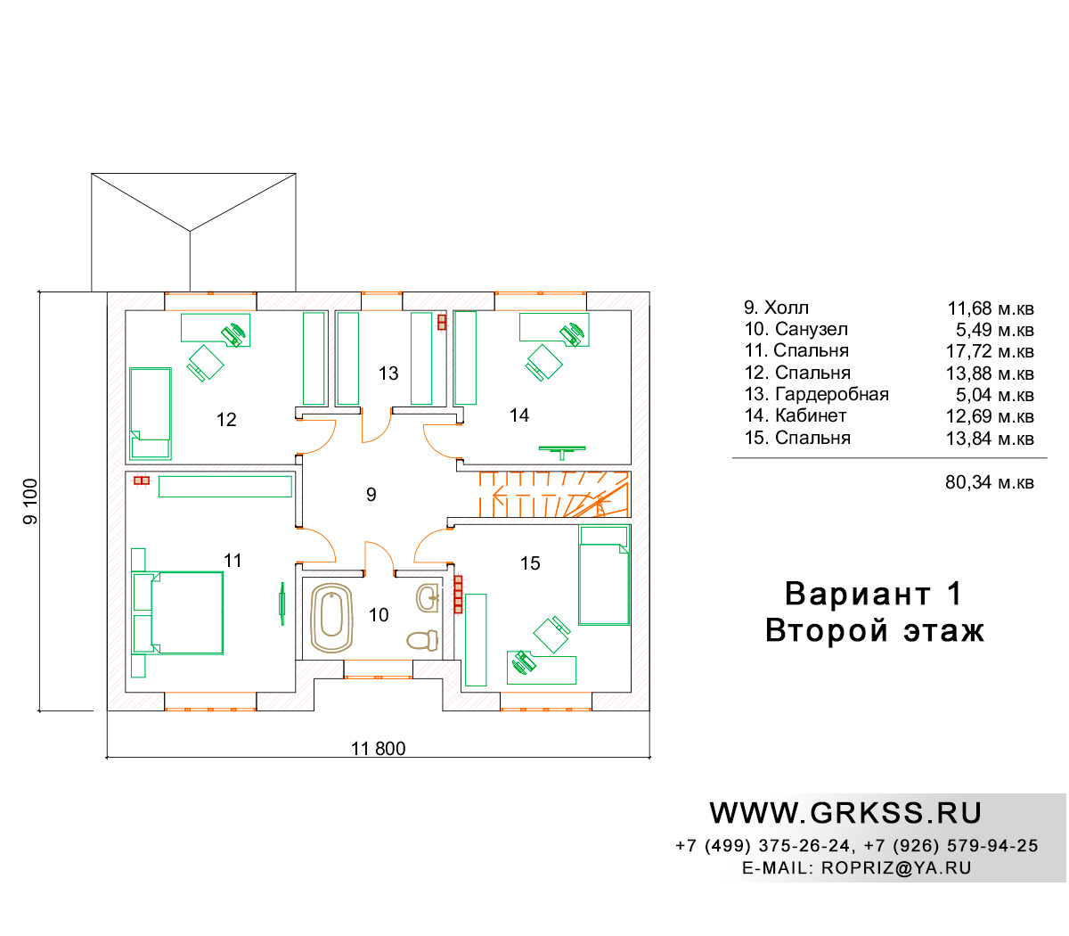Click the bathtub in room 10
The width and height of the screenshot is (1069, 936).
[x=331, y=618]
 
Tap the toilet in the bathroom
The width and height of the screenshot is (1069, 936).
[x=422, y=640]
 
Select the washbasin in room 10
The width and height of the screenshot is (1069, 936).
[x=428, y=597]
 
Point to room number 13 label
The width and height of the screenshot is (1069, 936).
[x=388, y=374]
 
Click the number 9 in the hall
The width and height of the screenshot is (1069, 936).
[x=371, y=494]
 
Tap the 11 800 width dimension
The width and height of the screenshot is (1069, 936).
[x=378, y=749]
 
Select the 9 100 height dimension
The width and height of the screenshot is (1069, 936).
[x=30, y=502]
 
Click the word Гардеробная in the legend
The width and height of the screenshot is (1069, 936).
[x=832, y=394]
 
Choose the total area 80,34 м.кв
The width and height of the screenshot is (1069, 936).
[x=990, y=482]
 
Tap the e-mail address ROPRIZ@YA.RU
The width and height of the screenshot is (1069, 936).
[x=896, y=868]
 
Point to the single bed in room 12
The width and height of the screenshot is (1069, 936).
[x=151, y=414]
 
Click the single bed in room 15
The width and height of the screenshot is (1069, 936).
[x=604, y=575]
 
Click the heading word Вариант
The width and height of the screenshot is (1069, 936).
[x=858, y=594]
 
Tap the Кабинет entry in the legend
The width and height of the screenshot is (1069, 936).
[x=811, y=415]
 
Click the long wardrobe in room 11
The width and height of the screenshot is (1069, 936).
[x=225, y=487]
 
